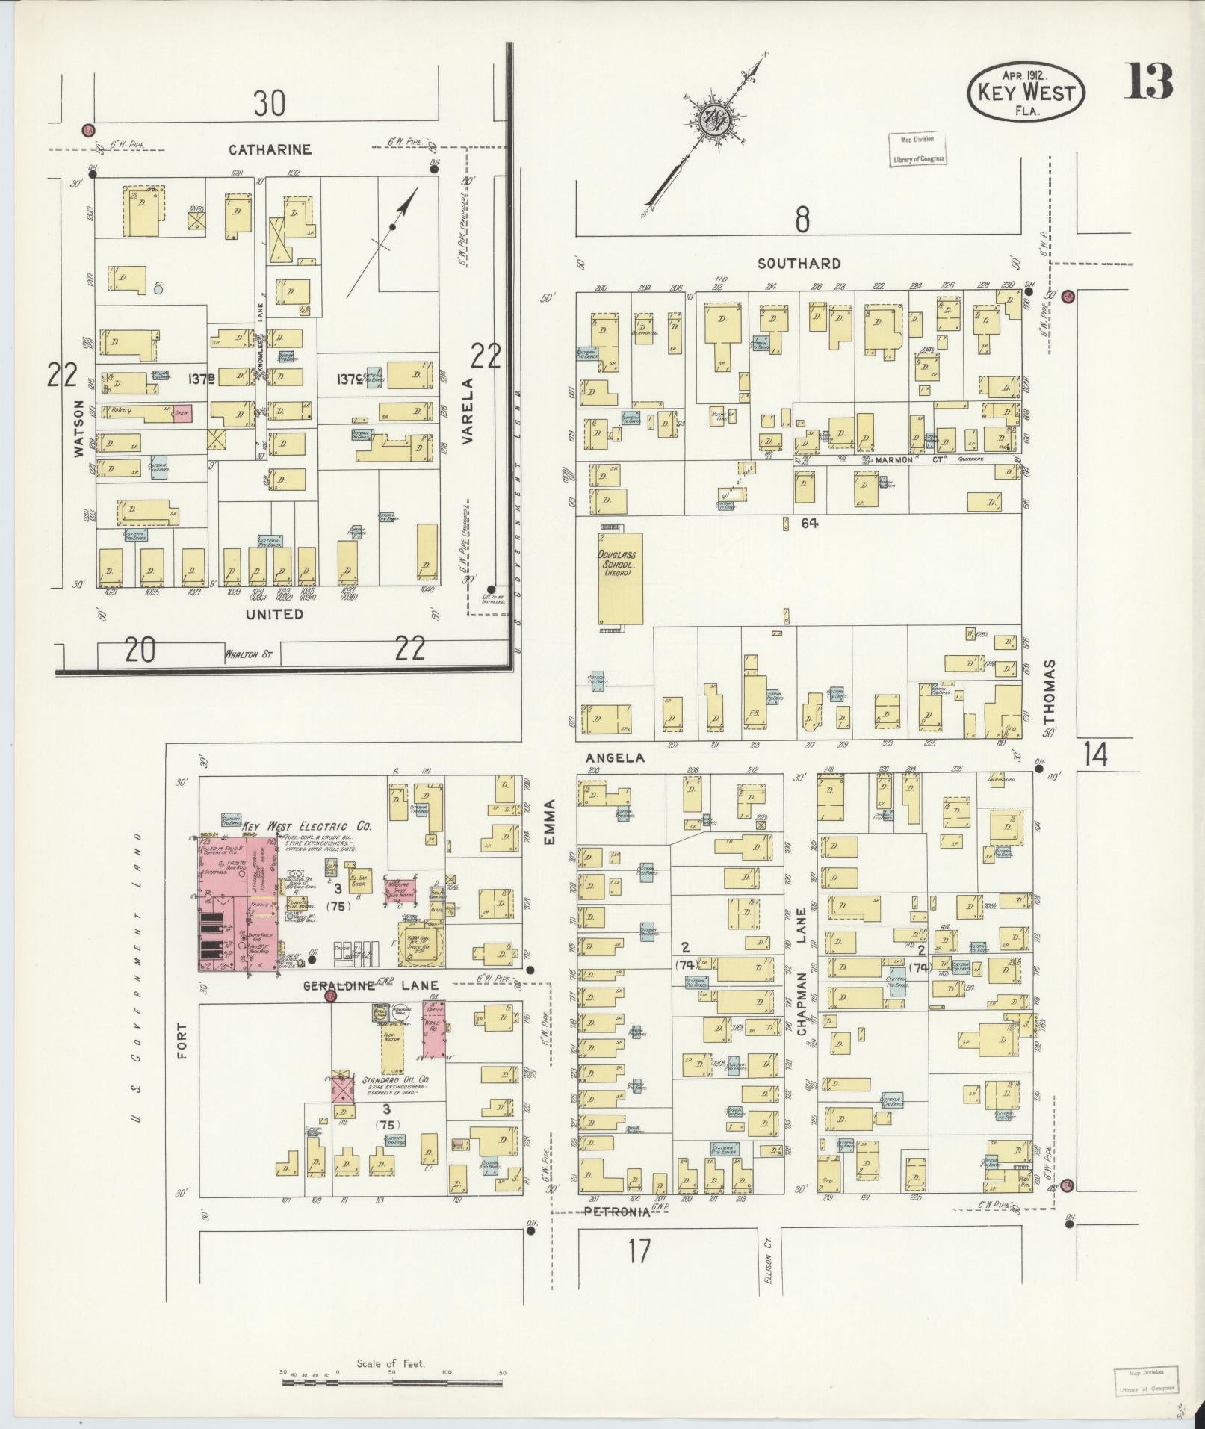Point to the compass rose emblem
(x=711, y=120)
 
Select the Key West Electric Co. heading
(x=306, y=826)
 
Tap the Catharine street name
(x=270, y=150)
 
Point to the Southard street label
(x=799, y=264)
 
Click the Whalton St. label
(x=247, y=655)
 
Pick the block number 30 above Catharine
(x=269, y=103)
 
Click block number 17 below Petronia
(x=639, y=1250)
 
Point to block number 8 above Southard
(x=802, y=219)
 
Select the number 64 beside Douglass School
(x=809, y=524)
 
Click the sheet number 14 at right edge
(x=1096, y=755)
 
